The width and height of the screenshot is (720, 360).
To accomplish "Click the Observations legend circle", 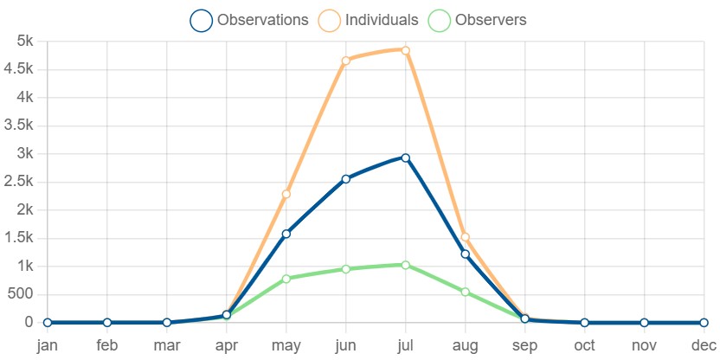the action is click(201, 21).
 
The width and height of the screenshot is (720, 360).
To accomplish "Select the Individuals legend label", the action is click(382, 20).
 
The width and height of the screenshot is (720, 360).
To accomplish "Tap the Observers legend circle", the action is click(440, 21).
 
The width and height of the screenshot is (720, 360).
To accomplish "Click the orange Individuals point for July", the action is click(406, 50).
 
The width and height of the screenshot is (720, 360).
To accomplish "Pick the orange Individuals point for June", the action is click(346, 61).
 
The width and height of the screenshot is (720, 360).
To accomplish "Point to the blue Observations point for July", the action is click(406, 158).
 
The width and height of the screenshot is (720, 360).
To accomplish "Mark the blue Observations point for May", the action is click(286, 234).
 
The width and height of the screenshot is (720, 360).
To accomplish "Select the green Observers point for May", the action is click(286, 279).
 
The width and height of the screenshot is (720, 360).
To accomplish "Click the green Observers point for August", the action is click(466, 292).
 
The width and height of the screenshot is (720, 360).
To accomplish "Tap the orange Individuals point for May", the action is click(286, 194).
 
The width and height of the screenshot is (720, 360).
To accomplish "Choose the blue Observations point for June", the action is click(346, 179).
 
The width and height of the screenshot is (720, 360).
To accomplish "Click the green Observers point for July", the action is click(406, 265).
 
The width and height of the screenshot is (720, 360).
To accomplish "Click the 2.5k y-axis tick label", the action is click(18, 182).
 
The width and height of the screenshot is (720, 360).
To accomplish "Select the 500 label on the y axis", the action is click(21, 294).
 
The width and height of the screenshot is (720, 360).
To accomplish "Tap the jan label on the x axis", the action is click(48, 345).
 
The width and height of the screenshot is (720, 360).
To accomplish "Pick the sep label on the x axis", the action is click(524, 346).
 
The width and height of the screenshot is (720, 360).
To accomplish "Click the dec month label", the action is click(704, 345).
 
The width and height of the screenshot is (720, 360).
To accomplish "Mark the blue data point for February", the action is click(107, 322).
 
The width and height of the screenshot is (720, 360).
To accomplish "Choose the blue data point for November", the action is click(644, 323).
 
